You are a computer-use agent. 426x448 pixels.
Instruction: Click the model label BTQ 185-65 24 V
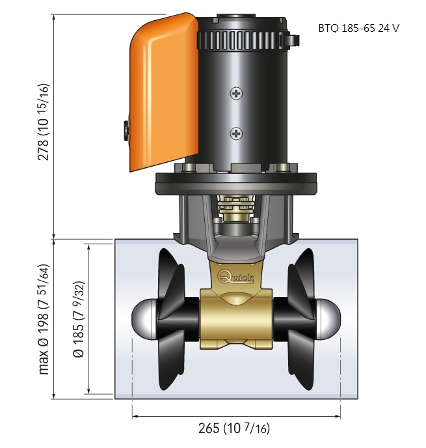(358, 28)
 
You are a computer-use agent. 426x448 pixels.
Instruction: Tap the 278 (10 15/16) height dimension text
(44, 122)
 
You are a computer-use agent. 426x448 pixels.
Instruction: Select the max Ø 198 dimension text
(44, 319)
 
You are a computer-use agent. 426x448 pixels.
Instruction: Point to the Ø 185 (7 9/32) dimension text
(79, 319)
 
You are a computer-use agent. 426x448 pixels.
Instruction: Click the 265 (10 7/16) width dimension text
(234, 428)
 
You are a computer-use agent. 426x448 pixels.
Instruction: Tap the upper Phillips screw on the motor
(236, 93)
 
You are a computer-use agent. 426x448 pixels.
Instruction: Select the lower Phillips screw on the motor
(236, 133)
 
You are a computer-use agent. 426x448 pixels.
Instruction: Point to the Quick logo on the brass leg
(235, 276)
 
